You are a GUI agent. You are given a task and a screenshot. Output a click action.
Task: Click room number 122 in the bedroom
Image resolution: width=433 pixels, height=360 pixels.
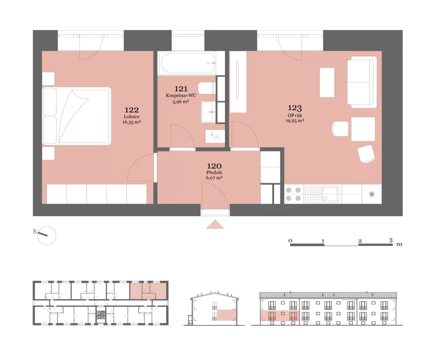[x=132, y=110]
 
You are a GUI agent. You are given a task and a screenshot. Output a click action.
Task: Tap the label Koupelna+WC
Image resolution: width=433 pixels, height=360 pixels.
[x=181, y=96]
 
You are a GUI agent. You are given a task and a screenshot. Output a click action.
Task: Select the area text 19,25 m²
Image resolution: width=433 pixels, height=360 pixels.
[x=295, y=121]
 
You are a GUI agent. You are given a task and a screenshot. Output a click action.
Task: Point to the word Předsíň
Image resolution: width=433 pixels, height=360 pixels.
[x=214, y=173]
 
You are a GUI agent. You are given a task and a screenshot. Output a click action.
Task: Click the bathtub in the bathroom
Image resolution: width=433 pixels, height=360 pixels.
[x=188, y=63]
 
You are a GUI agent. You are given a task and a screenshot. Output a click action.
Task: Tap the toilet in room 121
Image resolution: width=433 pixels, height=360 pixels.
[x=207, y=88]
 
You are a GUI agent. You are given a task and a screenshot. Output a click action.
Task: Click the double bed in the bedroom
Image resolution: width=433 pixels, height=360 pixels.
[x=77, y=116]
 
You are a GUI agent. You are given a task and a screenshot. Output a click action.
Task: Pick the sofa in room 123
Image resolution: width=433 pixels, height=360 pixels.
[x=362, y=82]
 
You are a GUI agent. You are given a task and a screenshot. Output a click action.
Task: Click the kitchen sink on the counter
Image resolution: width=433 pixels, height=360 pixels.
[x=322, y=194]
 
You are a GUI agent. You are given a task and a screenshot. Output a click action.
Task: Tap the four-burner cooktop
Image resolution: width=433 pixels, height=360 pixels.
[x=294, y=194]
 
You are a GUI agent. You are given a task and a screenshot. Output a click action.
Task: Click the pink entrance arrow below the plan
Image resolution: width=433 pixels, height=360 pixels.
[x=215, y=224]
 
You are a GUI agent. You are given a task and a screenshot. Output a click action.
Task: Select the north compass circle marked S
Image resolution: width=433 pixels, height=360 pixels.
[x=47, y=235]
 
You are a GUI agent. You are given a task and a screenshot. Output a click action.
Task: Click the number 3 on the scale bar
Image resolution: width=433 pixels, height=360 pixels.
[x=391, y=240]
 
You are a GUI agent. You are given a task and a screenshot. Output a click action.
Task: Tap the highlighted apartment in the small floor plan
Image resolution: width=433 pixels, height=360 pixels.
[x=148, y=291]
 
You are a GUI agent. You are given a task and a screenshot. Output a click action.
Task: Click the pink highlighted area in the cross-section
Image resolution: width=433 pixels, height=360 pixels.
[x=227, y=315]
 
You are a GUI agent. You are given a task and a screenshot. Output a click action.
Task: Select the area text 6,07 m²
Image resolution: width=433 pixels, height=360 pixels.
[x=214, y=178]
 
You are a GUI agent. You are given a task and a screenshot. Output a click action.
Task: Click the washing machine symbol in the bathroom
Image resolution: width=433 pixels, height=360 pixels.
[x=215, y=137]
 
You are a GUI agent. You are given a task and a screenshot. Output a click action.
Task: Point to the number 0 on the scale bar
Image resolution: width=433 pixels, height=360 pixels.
[x=290, y=241]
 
